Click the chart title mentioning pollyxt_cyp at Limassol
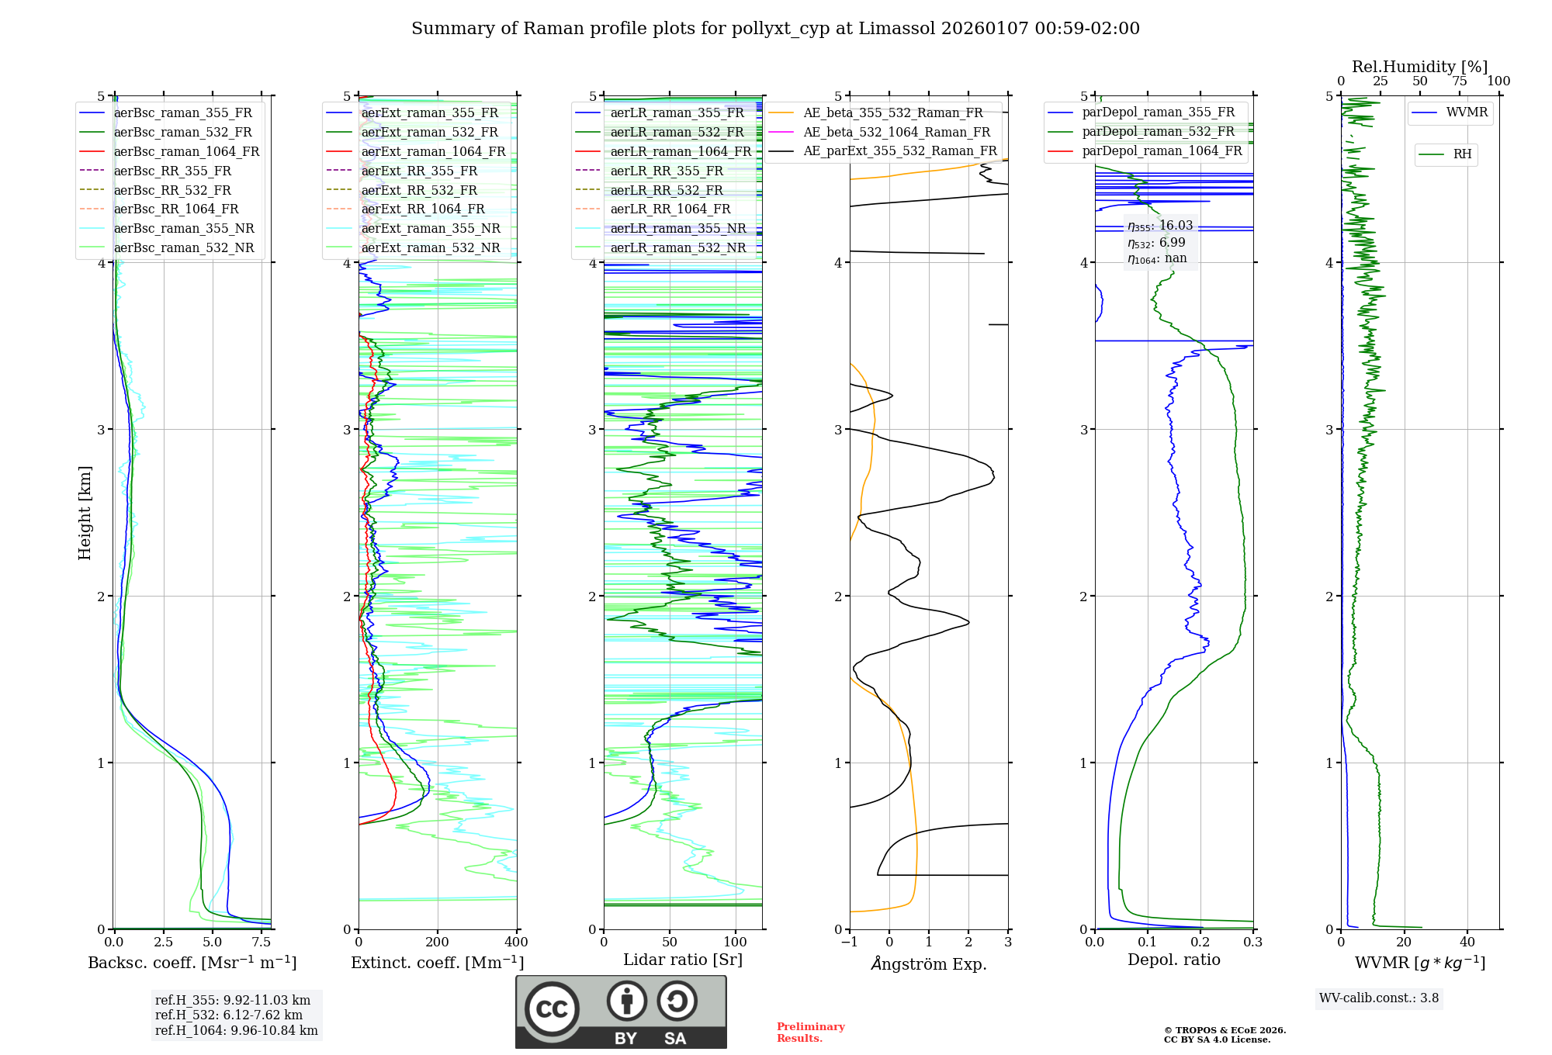click(x=775, y=29)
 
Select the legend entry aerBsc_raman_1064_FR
click(x=186, y=151)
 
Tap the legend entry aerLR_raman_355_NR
click(x=677, y=228)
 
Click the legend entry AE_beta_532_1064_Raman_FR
click(x=896, y=132)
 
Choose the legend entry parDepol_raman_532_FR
click(x=1158, y=132)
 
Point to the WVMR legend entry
click(x=1466, y=112)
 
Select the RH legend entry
click(x=1462, y=154)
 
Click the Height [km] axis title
click(x=85, y=513)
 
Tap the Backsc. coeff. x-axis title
click(x=192, y=963)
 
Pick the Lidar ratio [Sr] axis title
click(x=683, y=960)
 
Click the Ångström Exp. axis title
click(x=929, y=964)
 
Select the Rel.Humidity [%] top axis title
click(x=1419, y=67)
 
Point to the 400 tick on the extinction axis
click(x=517, y=943)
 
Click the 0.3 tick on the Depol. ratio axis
click(x=1252, y=943)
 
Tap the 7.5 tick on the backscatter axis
click(x=262, y=943)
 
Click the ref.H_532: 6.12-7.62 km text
click(x=229, y=1015)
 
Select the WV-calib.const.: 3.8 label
click(x=1379, y=998)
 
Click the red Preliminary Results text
click(x=810, y=1033)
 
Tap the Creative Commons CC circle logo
click(x=552, y=1009)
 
